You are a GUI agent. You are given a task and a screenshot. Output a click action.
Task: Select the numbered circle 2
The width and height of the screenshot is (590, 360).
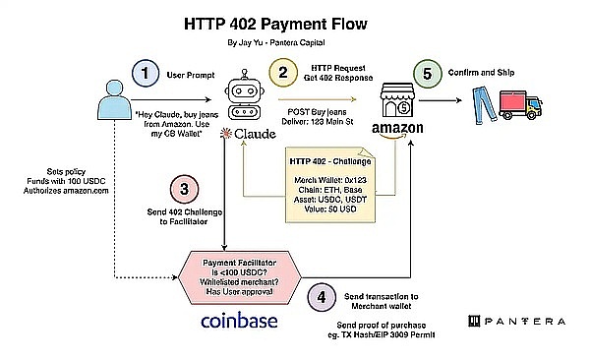[x=282, y=72]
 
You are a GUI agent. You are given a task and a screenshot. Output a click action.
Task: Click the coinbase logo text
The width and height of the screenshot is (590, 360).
[x=239, y=322]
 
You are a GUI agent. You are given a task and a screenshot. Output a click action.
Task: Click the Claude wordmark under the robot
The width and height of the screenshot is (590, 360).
[x=246, y=133]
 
